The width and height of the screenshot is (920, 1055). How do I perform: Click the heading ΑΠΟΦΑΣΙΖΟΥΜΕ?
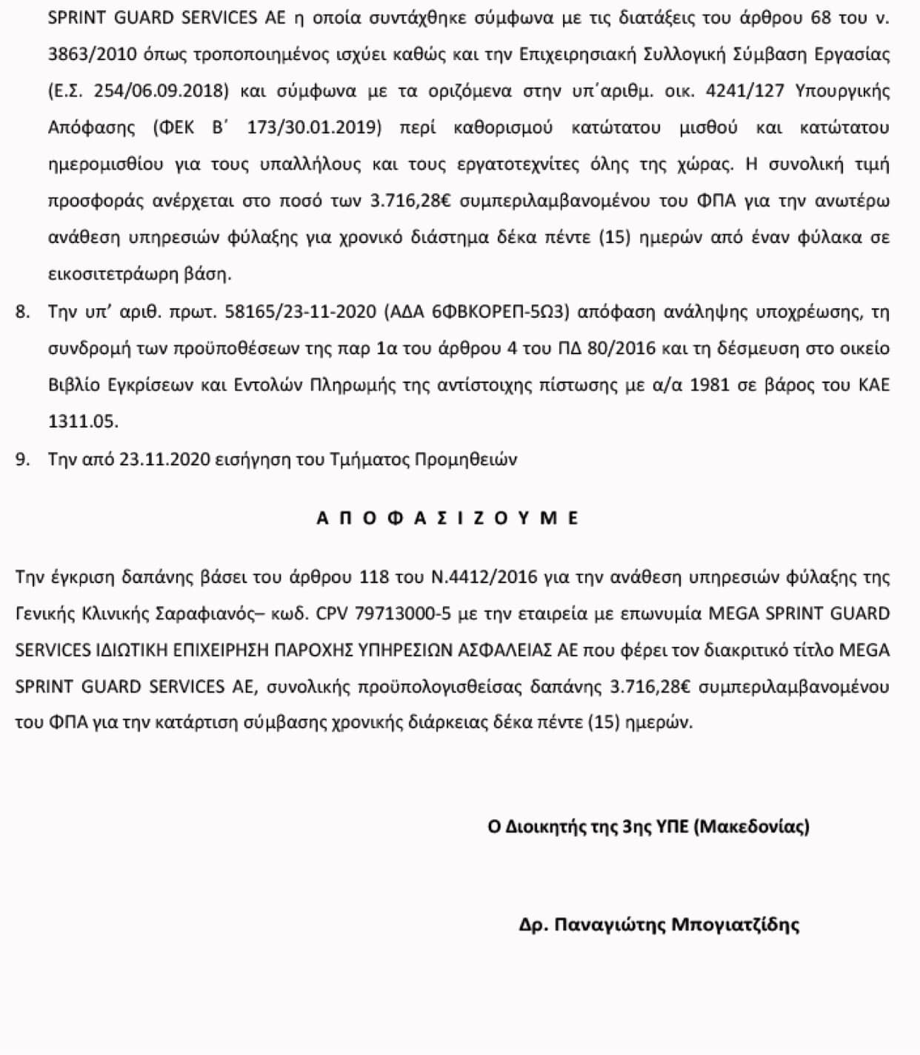(x=447, y=518)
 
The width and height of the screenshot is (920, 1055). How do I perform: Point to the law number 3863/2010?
(x=84, y=54)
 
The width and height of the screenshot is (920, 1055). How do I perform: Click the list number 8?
(x=22, y=312)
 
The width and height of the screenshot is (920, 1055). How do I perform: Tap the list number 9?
(x=22, y=459)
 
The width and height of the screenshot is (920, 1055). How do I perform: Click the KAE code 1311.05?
(x=83, y=422)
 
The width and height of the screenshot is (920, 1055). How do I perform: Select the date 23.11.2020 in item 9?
(x=164, y=459)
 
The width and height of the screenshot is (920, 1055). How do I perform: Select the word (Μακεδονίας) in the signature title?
(x=753, y=826)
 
